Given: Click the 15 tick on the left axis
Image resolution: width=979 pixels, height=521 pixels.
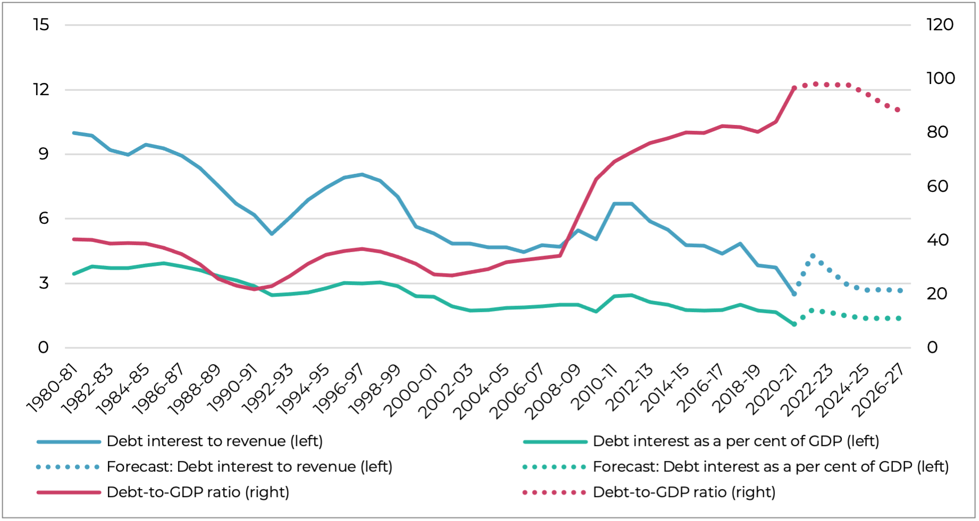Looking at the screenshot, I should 41,25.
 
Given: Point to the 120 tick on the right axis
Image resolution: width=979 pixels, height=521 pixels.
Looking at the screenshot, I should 940,25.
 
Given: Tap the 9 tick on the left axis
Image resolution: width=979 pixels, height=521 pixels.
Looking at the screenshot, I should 43,154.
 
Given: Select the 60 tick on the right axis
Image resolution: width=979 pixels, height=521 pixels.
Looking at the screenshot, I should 938,187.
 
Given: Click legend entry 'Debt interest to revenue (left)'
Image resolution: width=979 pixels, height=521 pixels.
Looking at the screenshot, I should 215,441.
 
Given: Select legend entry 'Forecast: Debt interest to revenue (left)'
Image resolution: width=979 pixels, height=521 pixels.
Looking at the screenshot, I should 249,467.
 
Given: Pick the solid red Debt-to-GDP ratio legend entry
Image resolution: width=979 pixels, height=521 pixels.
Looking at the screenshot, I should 198,492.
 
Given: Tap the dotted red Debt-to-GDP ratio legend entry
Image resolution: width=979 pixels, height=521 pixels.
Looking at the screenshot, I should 684,492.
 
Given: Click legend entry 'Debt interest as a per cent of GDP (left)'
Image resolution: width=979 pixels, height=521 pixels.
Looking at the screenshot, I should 736,441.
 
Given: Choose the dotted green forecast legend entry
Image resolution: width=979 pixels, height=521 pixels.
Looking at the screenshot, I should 771,467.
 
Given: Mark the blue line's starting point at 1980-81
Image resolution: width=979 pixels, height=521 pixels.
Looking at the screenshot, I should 74,133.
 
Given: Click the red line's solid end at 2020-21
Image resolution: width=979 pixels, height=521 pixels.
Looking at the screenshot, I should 794,88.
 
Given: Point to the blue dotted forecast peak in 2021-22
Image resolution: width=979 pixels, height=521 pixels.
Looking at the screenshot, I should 812,256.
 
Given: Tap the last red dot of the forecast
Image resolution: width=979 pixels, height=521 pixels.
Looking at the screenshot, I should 898,110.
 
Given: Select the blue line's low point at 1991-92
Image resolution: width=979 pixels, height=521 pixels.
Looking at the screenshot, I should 272,234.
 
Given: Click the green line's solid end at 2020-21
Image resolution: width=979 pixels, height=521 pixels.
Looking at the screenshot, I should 794,324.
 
